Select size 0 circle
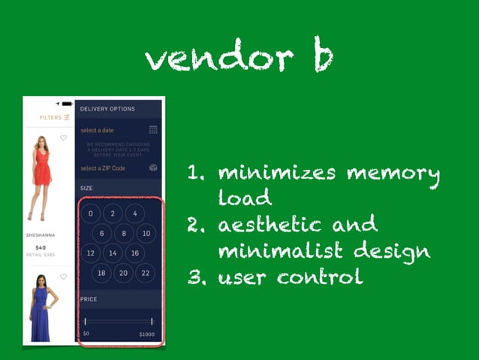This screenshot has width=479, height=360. click(x=90, y=213)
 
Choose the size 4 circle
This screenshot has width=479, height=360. click(x=134, y=213)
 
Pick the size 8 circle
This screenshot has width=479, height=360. click(x=123, y=234)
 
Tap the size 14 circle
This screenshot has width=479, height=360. click(x=113, y=253)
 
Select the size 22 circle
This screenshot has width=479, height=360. click(x=145, y=274)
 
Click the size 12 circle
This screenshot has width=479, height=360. click(x=90, y=253)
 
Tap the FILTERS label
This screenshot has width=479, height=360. click(x=50, y=117)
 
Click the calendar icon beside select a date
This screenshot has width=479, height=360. click(x=153, y=130)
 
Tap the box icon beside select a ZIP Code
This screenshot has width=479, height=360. click(x=153, y=168)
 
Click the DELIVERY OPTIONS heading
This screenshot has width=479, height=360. click(x=107, y=109)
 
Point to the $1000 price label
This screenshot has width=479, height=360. click(x=146, y=333)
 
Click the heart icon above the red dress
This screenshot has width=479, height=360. click(x=64, y=138)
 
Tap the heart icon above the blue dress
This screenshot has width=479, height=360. click(x=64, y=277)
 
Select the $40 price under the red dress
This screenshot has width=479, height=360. click(x=41, y=247)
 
